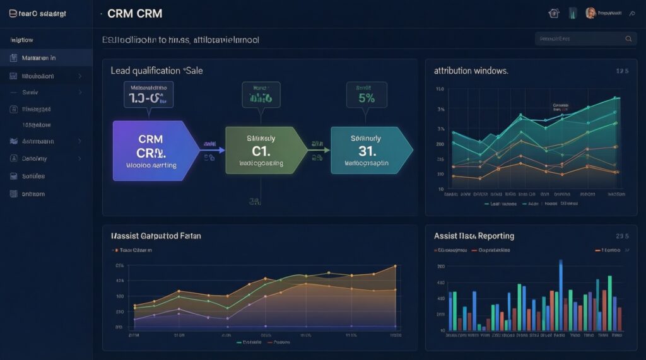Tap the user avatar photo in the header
tap(590, 13)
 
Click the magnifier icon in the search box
tap(628, 39)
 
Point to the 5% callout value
tap(366, 98)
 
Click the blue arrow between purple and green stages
tap(213, 149)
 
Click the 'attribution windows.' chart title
tap(471, 71)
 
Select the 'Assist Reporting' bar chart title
tap(474, 236)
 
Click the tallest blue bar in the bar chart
tap(561, 294)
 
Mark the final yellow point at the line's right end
tap(395, 266)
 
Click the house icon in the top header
tap(555, 13)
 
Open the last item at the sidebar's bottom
tap(33, 194)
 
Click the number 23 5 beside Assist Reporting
tap(622, 236)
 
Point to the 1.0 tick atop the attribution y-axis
tap(440, 90)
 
